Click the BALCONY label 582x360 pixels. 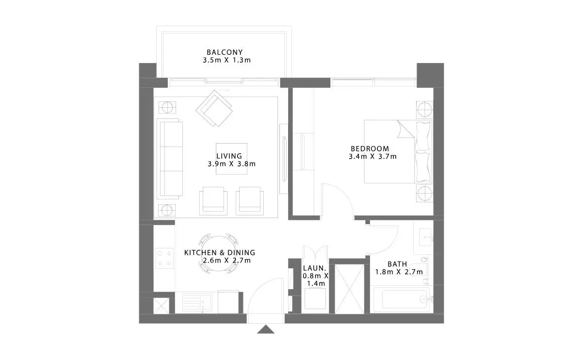point(225,52)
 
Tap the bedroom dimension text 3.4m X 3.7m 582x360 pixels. point(372,157)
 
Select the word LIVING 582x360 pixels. point(229,156)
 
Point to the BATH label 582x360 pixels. point(397,264)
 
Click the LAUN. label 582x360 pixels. point(314,268)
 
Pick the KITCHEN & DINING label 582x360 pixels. point(220,253)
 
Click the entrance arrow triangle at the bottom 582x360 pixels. point(266,329)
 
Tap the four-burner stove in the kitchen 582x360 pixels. point(164,258)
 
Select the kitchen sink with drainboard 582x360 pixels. point(197,302)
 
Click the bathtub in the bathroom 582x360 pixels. point(402,299)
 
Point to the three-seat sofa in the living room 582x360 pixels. point(170,159)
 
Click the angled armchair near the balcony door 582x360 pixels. point(214,108)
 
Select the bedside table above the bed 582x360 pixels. point(424,110)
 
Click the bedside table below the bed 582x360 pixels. point(424,193)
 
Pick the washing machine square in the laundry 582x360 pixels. point(315,299)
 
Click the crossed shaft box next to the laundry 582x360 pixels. point(350,289)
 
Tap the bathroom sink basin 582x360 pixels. point(425,237)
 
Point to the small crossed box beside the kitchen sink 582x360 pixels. point(162,306)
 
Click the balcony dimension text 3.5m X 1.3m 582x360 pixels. point(226,60)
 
